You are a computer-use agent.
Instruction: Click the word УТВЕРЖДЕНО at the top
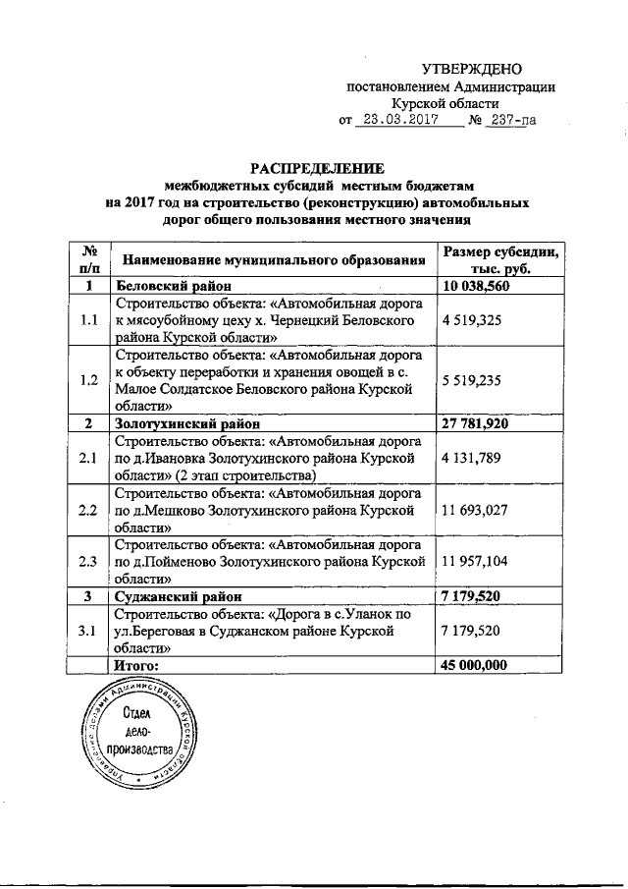(x=471, y=69)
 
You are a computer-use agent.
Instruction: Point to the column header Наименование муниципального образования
(x=273, y=260)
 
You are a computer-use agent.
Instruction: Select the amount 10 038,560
(x=477, y=286)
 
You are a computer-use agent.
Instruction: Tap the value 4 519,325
(x=475, y=319)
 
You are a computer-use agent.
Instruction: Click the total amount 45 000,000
(x=475, y=665)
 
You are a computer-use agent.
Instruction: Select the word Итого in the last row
(x=136, y=665)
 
